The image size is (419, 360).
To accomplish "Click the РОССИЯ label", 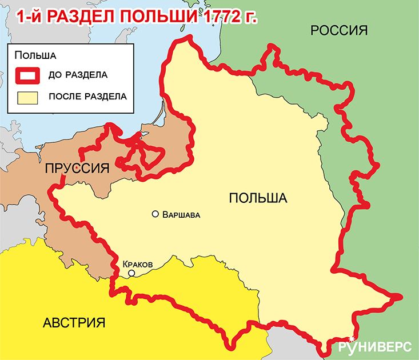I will coord(338,31).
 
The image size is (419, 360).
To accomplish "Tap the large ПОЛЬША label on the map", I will coord(257,198).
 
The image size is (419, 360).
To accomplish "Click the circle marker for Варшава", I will coord(155,214).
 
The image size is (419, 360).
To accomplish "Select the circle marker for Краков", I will coord(131,274).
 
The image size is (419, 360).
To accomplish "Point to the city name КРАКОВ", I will coord(138,265).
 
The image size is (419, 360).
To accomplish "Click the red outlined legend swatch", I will coord(27,74).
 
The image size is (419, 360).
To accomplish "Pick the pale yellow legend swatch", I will coord(27,97).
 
